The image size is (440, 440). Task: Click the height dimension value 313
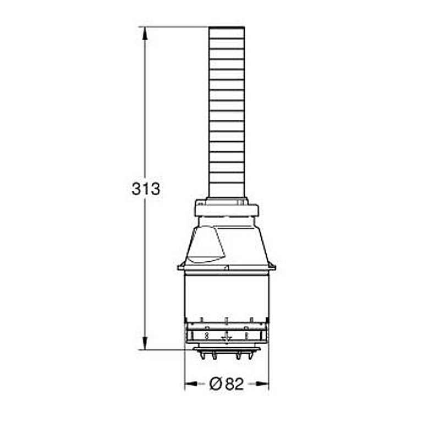[x=146, y=189]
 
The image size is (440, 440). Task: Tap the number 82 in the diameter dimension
[x=234, y=384]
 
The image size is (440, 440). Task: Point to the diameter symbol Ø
[x=216, y=384]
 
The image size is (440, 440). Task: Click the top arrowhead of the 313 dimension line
[x=145, y=32]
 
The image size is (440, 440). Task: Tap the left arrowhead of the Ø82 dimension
[x=188, y=384]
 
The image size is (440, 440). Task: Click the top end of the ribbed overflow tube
[x=226, y=27]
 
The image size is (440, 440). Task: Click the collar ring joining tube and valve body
[x=226, y=210]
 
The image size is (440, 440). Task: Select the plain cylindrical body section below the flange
[x=226, y=294]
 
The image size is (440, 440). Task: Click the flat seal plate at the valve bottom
[x=226, y=348]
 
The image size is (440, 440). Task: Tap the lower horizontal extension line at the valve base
[x=165, y=349]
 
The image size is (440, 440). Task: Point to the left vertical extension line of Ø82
[x=184, y=369]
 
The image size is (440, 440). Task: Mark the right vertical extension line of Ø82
[x=268, y=369]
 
